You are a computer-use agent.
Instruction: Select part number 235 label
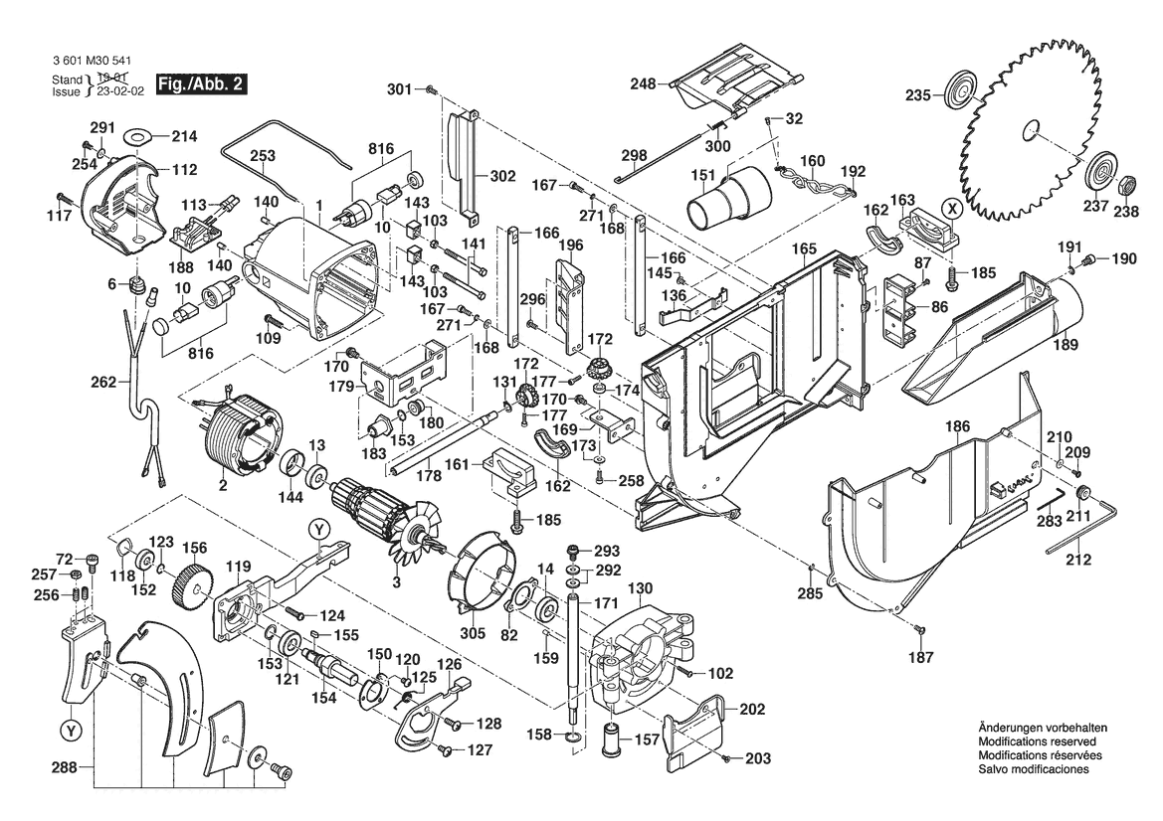[917, 95]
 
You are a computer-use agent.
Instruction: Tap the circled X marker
[952, 208]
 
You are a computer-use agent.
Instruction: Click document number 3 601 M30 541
[97, 59]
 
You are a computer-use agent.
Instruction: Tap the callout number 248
[643, 84]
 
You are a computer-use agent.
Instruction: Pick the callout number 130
[639, 586]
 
